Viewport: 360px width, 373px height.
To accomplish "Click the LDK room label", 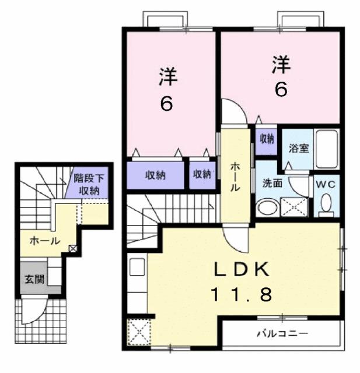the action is (x=242, y=269).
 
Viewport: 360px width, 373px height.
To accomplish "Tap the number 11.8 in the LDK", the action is (x=241, y=294).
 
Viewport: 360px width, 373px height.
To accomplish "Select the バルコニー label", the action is (x=282, y=334).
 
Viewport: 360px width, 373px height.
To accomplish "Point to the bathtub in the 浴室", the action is (x=326, y=149).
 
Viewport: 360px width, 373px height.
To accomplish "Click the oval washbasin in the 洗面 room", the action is (x=268, y=207).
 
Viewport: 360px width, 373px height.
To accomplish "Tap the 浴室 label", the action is (x=299, y=148).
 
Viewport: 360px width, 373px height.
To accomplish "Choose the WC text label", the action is (x=326, y=184).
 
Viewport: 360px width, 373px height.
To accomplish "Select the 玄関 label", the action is (x=35, y=279).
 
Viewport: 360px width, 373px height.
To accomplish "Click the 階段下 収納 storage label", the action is (x=89, y=184).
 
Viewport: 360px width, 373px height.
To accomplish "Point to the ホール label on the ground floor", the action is (x=44, y=241).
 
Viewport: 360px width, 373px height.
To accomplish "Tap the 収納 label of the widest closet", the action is (x=155, y=175).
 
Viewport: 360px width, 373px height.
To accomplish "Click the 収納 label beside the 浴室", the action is (x=267, y=139).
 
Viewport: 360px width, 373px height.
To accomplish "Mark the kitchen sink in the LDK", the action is (x=137, y=267).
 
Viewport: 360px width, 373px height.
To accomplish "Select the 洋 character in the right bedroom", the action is (x=281, y=65).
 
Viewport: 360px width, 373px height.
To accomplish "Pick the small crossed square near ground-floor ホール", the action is (x=72, y=249).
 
